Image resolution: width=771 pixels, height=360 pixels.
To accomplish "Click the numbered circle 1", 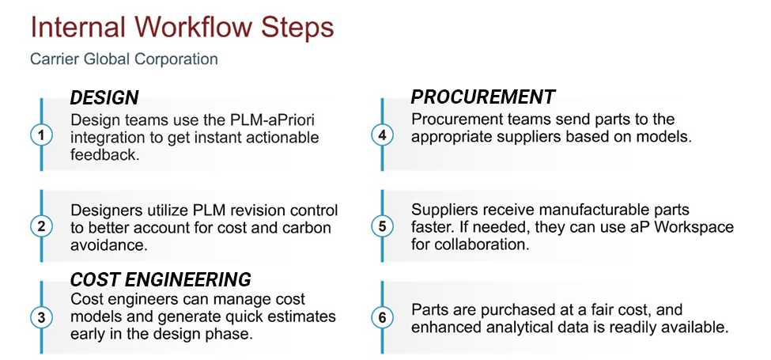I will [x=40, y=135].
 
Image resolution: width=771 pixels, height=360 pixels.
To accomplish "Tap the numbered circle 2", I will [x=40, y=226].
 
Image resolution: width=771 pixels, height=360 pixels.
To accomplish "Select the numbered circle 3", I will [x=40, y=317].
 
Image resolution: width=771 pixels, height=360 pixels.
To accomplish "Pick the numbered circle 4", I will [x=383, y=135].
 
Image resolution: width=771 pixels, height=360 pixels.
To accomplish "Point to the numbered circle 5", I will [x=383, y=226].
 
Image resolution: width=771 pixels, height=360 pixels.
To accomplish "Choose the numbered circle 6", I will [x=383, y=317].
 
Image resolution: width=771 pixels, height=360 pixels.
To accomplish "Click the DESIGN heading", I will [x=104, y=98].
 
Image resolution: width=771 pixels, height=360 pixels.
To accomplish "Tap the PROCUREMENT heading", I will [x=482, y=97].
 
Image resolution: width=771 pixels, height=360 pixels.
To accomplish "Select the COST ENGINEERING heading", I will [x=161, y=280].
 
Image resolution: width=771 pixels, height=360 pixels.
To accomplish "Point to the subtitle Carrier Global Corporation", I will [x=123, y=59].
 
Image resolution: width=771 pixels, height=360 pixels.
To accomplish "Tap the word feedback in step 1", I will [x=102, y=155].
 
